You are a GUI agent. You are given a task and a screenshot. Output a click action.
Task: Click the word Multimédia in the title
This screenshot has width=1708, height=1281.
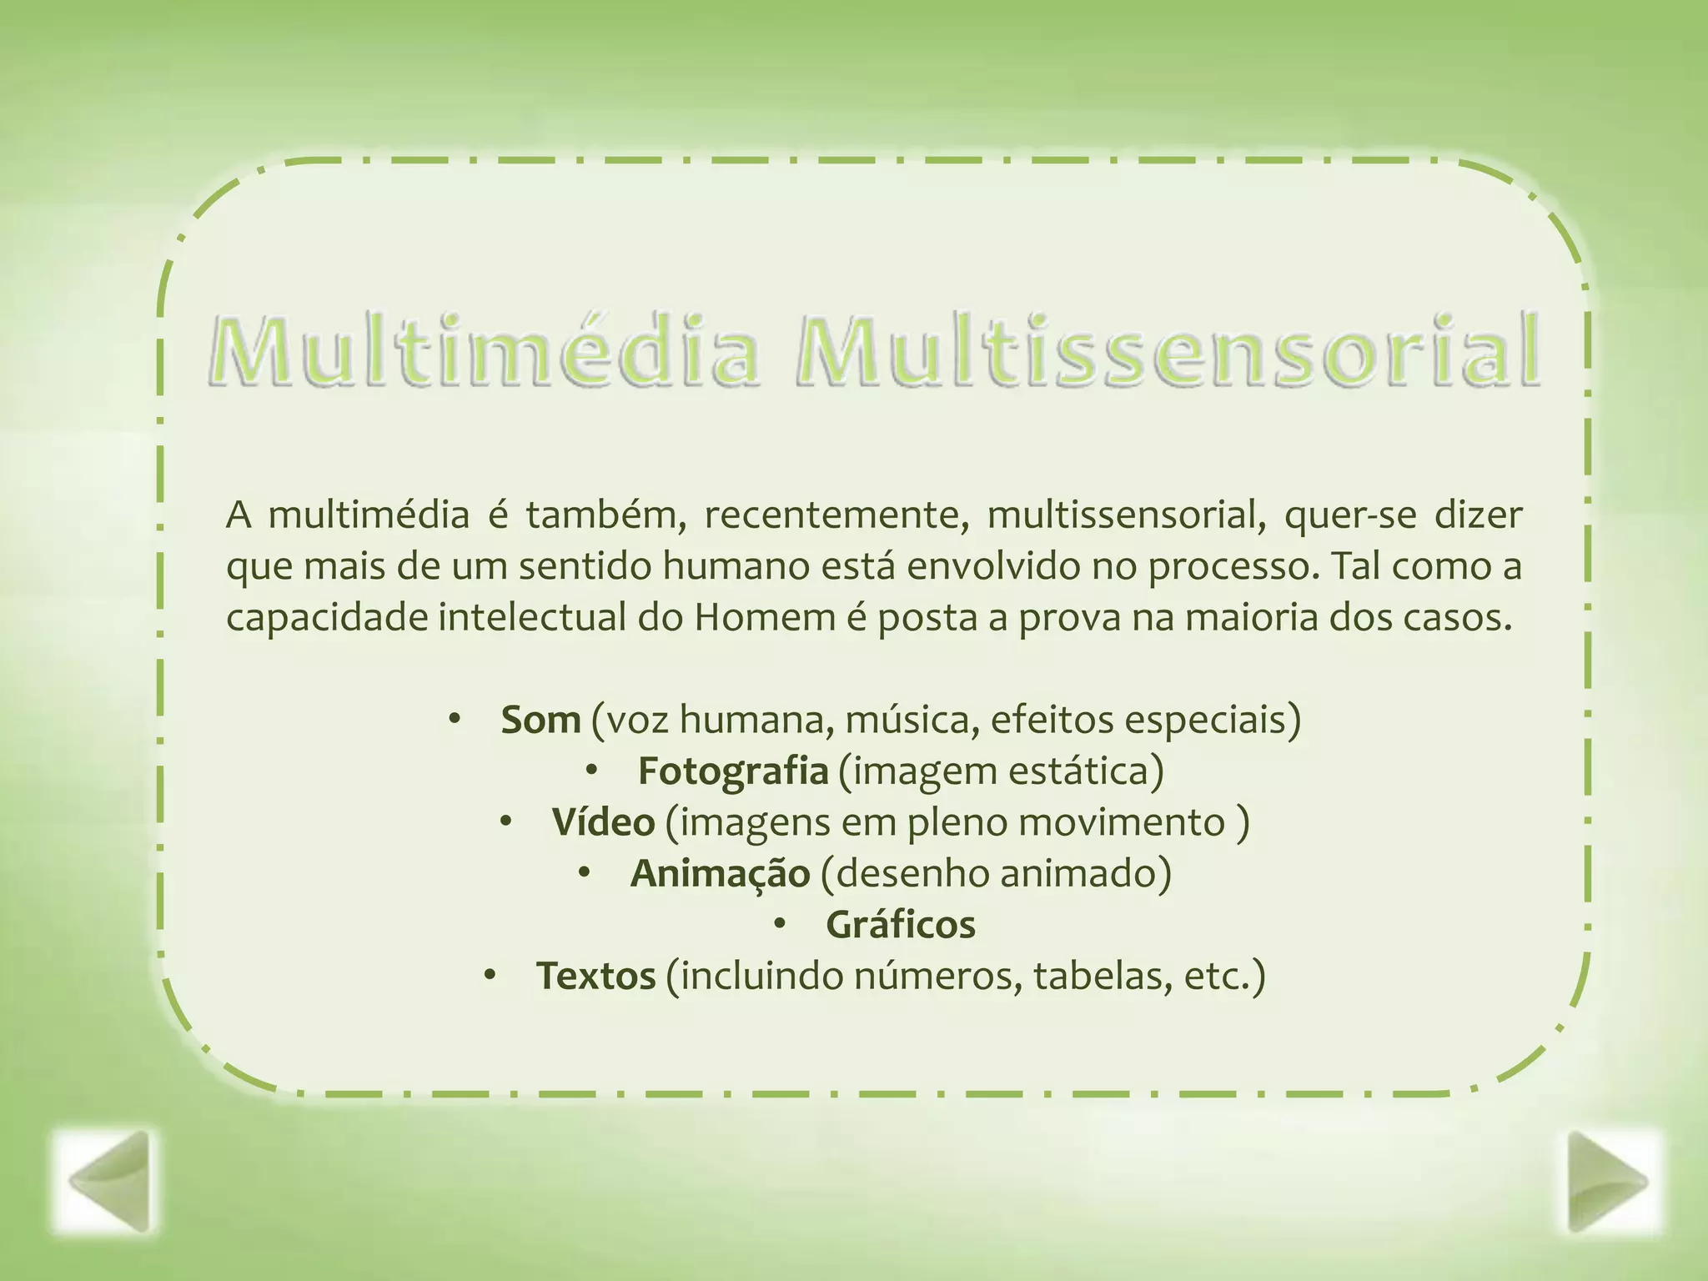[x=484, y=350]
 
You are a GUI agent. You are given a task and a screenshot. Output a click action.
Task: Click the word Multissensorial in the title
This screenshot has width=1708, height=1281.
[x=1168, y=350]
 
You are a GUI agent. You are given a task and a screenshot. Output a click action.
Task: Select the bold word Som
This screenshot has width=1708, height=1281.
[x=540, y=720]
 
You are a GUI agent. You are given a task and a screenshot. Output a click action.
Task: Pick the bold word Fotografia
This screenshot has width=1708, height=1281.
[x=732, y=771]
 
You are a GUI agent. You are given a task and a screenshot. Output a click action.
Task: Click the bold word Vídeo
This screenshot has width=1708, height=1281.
[x=603, y=823]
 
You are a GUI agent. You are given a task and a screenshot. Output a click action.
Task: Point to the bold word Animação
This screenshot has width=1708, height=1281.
[x=720, y=874]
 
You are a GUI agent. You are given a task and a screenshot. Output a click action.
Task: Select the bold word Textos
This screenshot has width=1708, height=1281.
[x=595, y=977]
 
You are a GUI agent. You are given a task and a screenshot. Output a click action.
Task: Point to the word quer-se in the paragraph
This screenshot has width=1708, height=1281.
[x=1349, y=516]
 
